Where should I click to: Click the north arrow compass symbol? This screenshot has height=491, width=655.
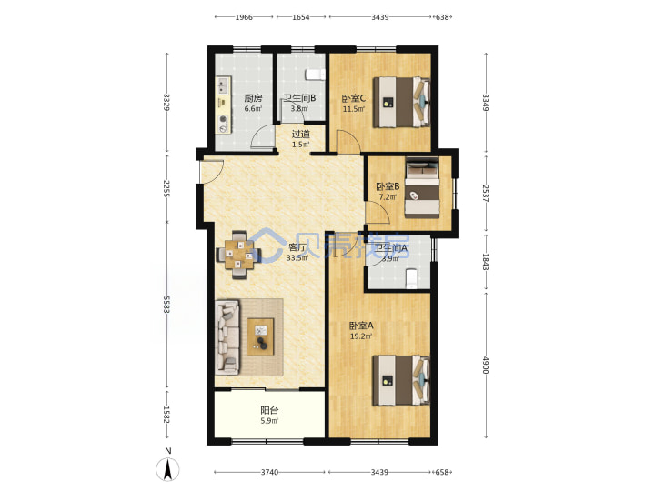click(168, 469)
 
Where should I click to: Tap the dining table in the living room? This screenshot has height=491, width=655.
click(238, 255)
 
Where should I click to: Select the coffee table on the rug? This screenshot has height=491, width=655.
click(260, 336)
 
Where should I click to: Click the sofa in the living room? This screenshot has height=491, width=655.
click(227, 336)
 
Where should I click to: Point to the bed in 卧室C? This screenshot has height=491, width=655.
click(401, 102)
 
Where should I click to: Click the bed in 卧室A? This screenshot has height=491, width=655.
click(401, 380)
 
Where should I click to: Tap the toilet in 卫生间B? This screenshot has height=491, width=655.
click(315, 75)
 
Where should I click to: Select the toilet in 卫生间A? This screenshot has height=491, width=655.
click(411, 279)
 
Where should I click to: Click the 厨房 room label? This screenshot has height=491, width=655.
click(253, 98)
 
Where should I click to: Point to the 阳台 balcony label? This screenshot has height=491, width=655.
click(269, 410)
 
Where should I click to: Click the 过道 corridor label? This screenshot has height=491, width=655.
click(301, 134)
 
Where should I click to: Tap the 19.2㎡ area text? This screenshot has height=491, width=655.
click(361, 336)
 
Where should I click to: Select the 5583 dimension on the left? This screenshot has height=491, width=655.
click(166, 305)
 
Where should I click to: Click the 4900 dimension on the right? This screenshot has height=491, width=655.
click(486, 365)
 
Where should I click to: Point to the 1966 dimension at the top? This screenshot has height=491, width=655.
click(244, 17)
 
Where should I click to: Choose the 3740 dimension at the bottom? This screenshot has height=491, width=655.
click(269, 472)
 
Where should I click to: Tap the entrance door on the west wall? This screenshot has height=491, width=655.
click(212, 171)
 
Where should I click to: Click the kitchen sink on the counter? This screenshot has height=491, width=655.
click(222, 86)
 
